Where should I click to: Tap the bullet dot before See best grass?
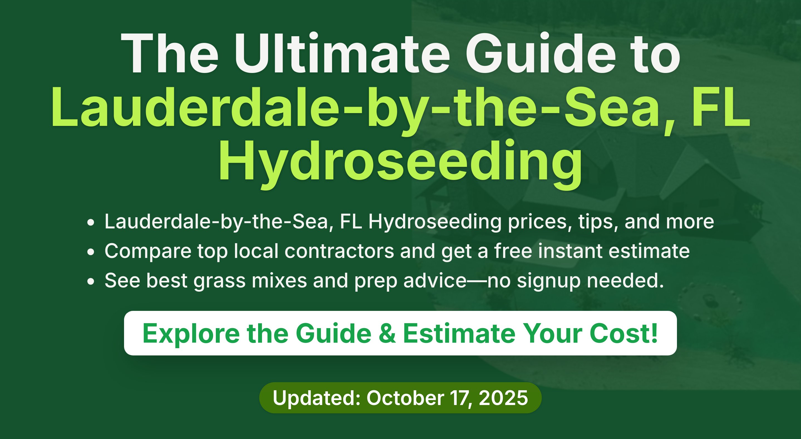pos(90,281)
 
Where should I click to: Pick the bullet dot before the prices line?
pos(90,223)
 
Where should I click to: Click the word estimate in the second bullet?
pos(649,251)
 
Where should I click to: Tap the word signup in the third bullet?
pos(549,281)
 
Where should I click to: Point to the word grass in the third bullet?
pos(219,281)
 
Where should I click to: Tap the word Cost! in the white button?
pos(624,333)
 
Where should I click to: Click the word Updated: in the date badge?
pos(317,398)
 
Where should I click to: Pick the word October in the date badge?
pos(406,398)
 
